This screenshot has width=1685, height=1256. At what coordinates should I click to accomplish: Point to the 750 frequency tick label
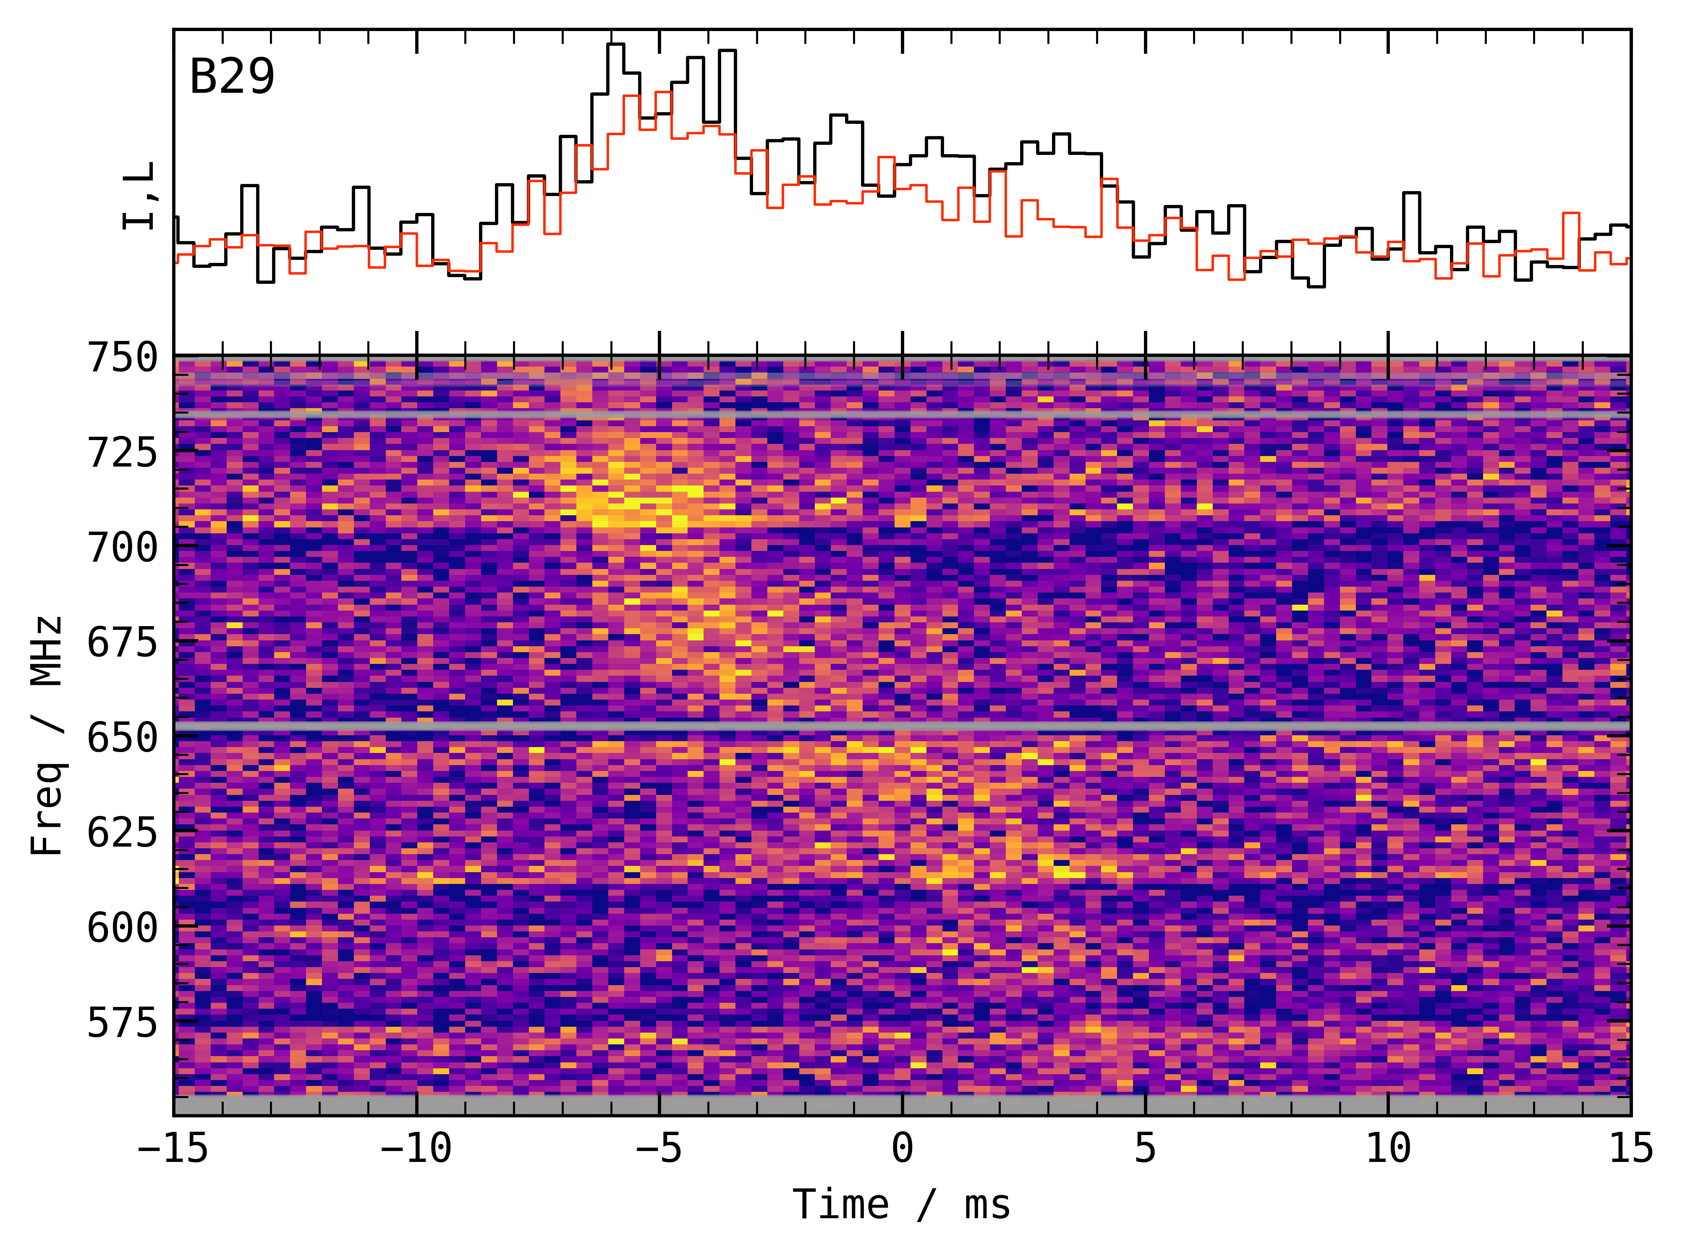[x=123, y=358]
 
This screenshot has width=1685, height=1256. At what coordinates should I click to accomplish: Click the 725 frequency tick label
[x=123, y=453]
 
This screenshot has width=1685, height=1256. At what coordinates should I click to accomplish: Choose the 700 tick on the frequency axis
[x=123, y=548]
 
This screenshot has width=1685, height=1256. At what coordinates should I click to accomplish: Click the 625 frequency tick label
[x=123, y=833]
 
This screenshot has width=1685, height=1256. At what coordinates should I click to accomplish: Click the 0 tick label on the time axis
[x=902, y=1148]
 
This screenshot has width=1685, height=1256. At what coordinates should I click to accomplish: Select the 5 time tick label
[x=1146, y=1148]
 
